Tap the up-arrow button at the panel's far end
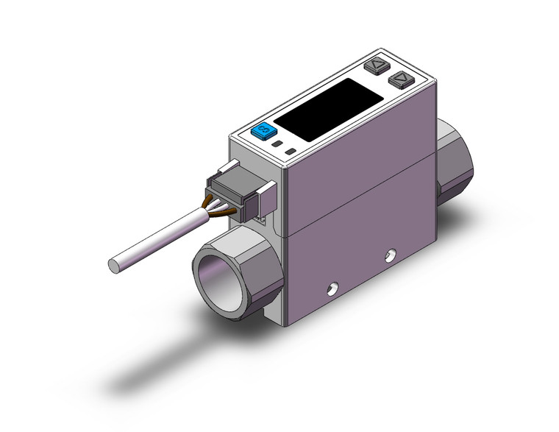pyautogui.click(x=377, y=65)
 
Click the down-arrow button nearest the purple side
pyautogui.click(x=399, y=77)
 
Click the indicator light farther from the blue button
pyautogui.click(x=291, y=152)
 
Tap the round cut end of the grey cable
pyautogui.click(x=114, y=262)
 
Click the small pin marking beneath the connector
pyautogui.click(x=261, y=218)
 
